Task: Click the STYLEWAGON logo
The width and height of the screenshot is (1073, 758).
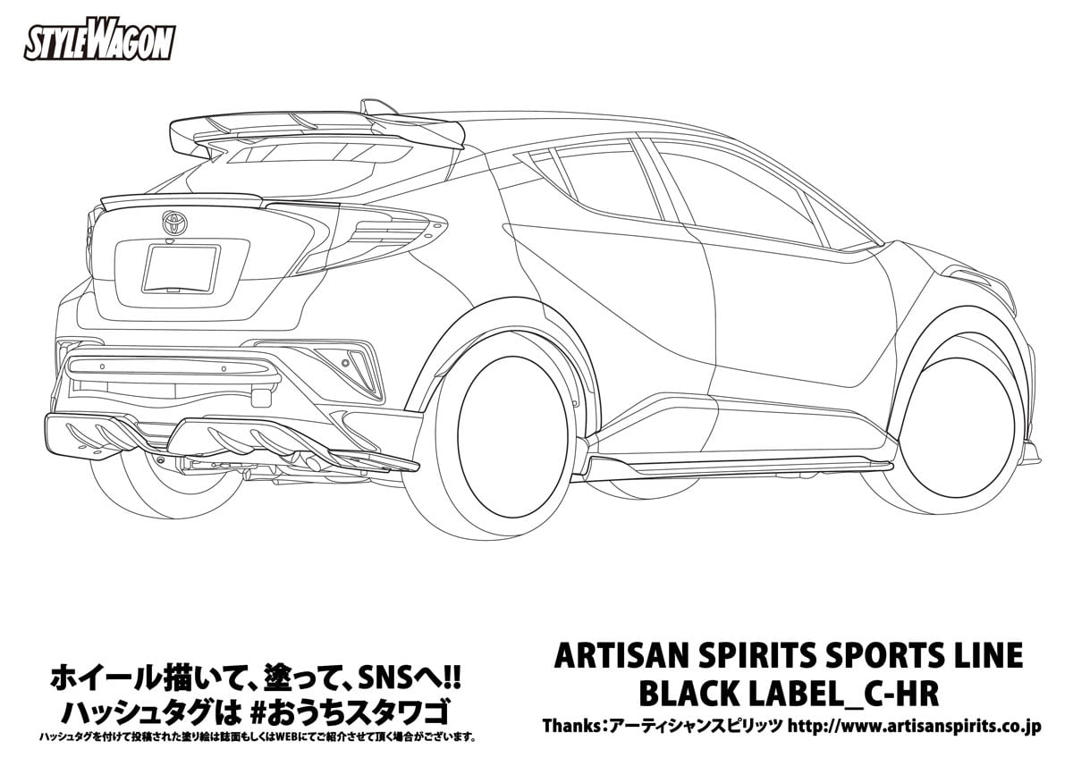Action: (x=99, y=44)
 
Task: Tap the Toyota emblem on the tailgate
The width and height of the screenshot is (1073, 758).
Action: (x=174, y=223)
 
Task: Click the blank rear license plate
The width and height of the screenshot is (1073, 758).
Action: (x=181, y=269)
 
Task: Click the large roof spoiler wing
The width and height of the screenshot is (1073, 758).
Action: (x=317, y=131)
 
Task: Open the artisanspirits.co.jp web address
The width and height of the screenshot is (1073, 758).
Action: (x=914, y=726)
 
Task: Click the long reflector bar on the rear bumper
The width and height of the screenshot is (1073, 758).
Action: (x=173, y=367)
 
